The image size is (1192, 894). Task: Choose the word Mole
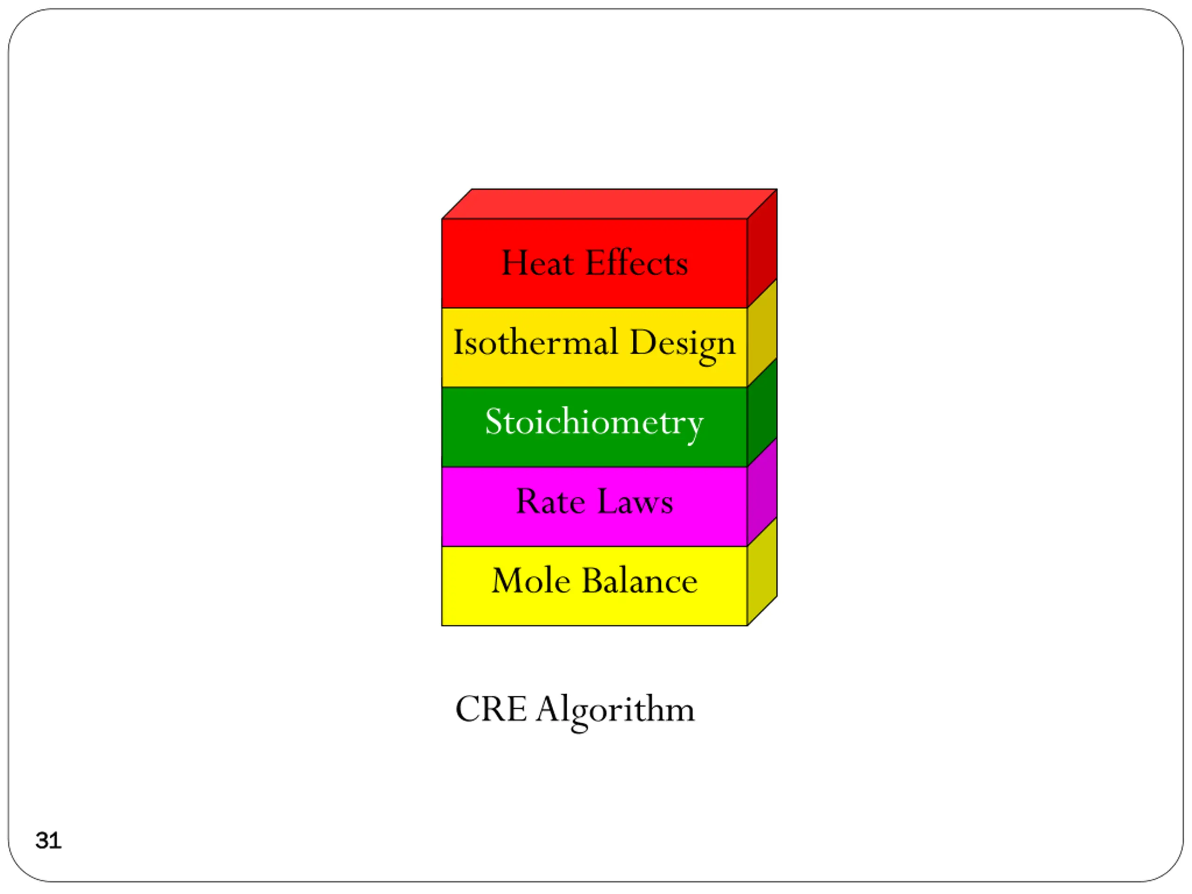pyautogui.click(x=531, y=582)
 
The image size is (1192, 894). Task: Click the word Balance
pyautogui.click(x=640, y=582)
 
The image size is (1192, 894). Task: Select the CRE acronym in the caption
pyautogui.click(x=490, y=709)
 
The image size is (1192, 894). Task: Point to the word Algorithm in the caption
pyautogui.click(x=616, y=710)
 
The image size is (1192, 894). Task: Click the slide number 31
pyautogui.click(x=48, y=840)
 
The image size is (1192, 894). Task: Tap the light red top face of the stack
pyautogui.click(x=609, y=203)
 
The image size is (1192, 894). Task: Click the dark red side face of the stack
pyautogui.click(x=762, y=248)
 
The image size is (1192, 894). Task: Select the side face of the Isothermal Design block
pyautogui.click(x=762, y=332)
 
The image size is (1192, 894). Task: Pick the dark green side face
pyautogui.click(x=762, y=412)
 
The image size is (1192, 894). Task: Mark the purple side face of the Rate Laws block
pyautogui.click(x=762, y=491)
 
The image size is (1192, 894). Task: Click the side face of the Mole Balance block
pyautogui.click(x=762, y=571)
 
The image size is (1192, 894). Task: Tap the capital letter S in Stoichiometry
pyautogui.click(x=494, y=422)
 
